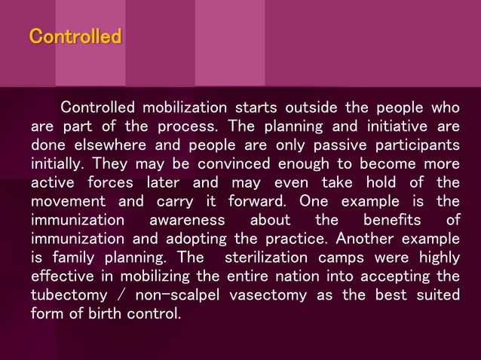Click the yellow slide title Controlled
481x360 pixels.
point(75,36)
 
